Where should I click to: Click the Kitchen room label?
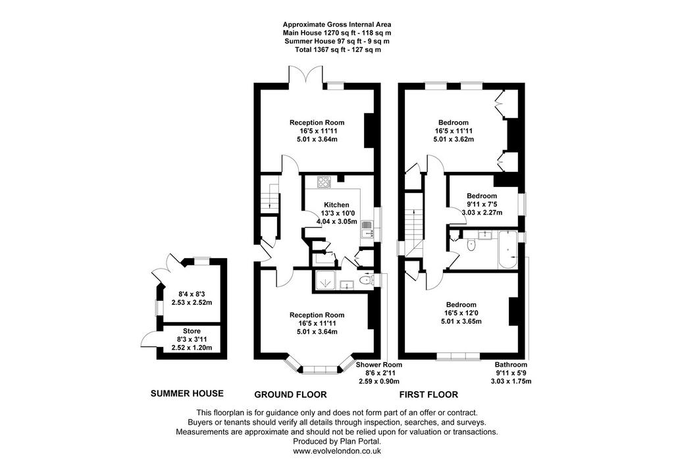[336, 205]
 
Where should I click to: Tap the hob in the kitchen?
[324, 182]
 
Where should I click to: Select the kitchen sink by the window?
[367, 229]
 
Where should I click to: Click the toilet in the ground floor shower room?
[366, 280]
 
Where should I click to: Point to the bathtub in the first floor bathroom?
[508, 250]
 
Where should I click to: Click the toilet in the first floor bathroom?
[471, 245]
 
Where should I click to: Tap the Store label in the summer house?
[192, 331]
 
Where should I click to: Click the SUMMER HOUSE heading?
[187, 394]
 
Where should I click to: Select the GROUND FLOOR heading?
[290, 394]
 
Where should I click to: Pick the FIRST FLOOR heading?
[429, 394]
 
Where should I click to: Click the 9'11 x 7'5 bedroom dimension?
[482, 204]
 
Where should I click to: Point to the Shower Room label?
[379, 365]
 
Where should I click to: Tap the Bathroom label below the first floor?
[511, 365]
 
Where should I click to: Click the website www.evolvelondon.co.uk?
[337, 451]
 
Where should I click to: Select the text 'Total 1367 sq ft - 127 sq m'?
[338, 49]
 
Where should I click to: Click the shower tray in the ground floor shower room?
[326, 281]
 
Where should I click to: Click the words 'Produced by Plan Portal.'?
[337, 442]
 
